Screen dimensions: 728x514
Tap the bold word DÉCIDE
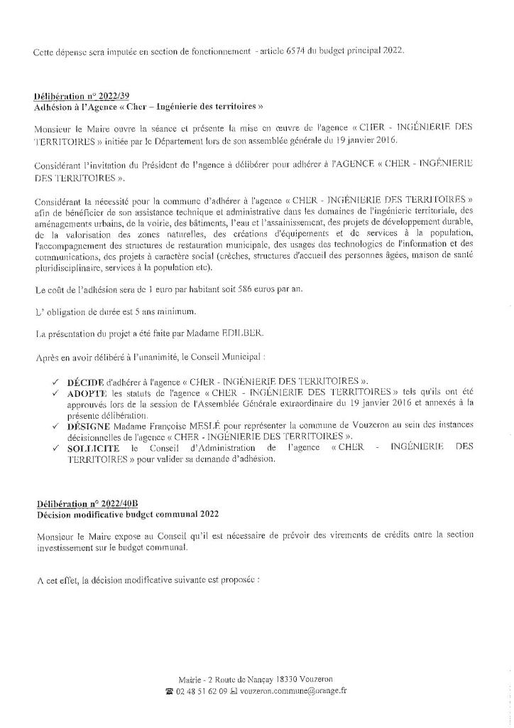click(85, 381)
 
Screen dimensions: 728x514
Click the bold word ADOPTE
click(87, 392)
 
